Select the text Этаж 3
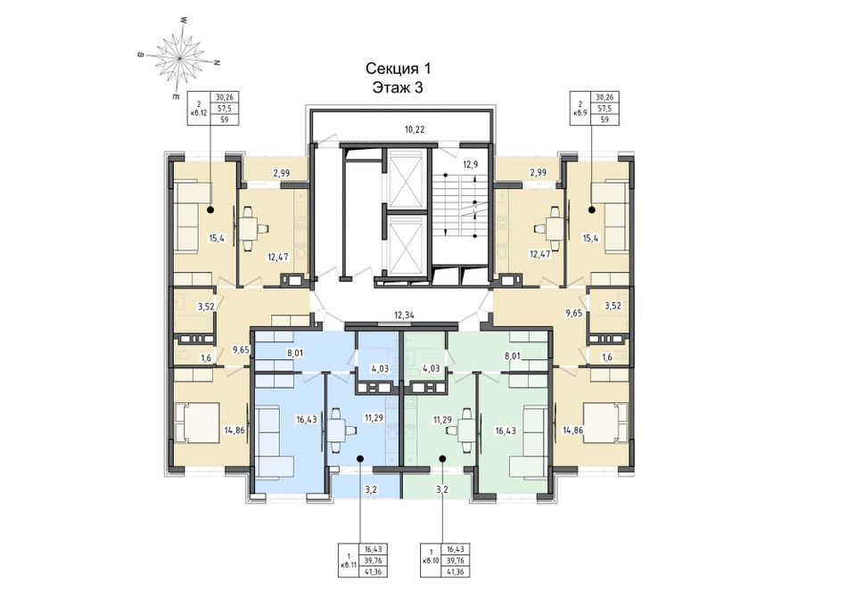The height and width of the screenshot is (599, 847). (398, 87)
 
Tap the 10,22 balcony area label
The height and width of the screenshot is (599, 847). (415, 129)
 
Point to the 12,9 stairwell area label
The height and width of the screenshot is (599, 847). (471, 165)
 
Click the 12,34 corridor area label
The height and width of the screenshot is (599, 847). (405, 315)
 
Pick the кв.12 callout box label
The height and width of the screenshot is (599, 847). (200, 113)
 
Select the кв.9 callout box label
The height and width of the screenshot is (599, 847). (580, 113)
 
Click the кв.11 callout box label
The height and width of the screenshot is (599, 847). (349, 565)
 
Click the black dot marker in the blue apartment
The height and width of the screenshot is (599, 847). (360, 458)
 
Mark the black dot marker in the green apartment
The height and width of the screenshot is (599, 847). (442, 458)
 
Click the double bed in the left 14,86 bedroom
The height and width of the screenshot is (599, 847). (197, 423)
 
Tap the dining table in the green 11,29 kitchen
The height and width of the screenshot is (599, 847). (464, 431)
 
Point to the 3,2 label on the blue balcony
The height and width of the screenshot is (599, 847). (371, 490)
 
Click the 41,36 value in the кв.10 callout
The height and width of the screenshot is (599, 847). (456, 571)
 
